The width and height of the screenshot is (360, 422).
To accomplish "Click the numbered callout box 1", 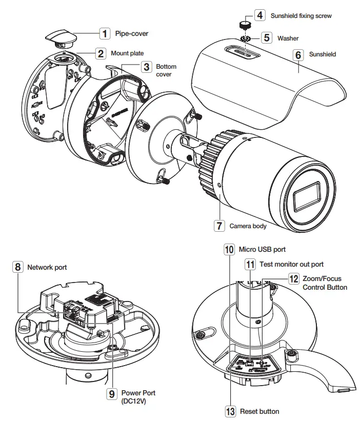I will (x=104, y=34).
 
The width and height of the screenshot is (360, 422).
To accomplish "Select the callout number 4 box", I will (x=260, y=15).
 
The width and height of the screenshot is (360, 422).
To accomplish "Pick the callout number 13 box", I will (x=230, y=411).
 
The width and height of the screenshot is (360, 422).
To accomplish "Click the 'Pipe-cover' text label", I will (x=132, y=34).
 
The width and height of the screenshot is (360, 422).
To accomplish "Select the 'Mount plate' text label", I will (x=127, y=53).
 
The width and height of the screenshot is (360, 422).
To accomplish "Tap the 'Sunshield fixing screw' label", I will (x=301, y=16).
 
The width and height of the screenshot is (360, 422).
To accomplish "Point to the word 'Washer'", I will (x=288, y=38).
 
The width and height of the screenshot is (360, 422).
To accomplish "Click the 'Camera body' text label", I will (x=248, y=226).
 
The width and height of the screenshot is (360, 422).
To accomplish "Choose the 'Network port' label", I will (x=47, y=267).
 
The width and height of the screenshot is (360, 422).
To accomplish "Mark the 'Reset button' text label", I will (x=259, y=411).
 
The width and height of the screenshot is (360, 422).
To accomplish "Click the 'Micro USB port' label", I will (x=262, y=249).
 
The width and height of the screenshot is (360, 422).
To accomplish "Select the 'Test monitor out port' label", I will (x=291, y=265).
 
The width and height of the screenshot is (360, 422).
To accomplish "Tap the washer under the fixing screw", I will (x=244, y=38).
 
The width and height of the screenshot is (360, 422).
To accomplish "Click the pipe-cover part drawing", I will (x=60, y=36).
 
